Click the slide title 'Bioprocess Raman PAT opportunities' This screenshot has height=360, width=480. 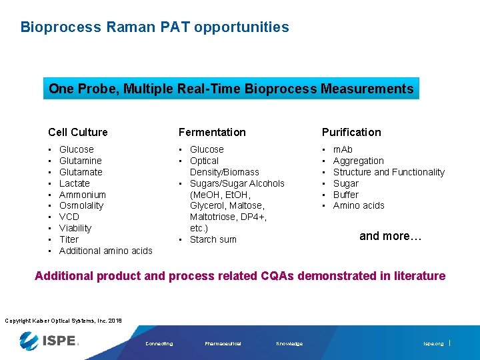155,27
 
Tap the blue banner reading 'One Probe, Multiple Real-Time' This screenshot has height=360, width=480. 231,89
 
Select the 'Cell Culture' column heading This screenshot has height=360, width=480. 77,132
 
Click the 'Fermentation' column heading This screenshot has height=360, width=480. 211,132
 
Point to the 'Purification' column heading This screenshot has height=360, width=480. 351,132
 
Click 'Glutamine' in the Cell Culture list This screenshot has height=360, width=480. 80,161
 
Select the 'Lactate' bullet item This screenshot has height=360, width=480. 74,183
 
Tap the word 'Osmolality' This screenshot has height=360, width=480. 81,205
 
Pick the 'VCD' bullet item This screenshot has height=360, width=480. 69,217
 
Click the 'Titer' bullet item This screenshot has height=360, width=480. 69,239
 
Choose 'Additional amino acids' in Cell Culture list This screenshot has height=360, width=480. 105,251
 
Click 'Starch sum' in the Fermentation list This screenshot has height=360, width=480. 213,239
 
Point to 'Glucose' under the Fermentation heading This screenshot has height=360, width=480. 207,149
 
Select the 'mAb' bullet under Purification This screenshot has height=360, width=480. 343,149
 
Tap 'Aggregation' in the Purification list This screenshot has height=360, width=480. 358,161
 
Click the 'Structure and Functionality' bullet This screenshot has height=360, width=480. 389,172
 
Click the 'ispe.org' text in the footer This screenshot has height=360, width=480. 433,344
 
